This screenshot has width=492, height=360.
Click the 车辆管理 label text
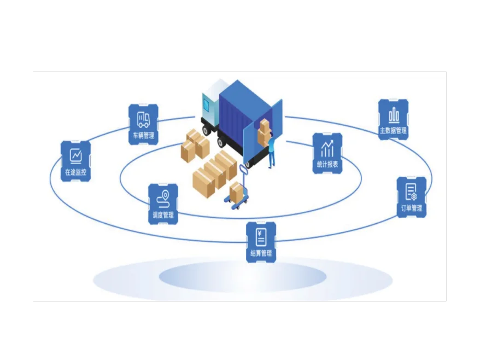pyautogui.click(x=143, y=136)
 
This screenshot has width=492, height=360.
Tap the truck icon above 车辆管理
pyautogui.click(x=143, y=120)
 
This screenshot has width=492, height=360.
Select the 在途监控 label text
pyautogui.click(x=75, y=172)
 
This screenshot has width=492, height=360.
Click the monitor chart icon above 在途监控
pyautogui.click(x=75, y=156)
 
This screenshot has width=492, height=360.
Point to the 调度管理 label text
pyautogui.click(x=163, y=215)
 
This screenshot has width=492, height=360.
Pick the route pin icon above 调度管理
pyautogui.click(x=163, y=199)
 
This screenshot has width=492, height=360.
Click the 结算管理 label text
pyautogui.click(x=261, y=253)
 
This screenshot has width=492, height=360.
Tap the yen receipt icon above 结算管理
pyautogui.click(x=261, y=237)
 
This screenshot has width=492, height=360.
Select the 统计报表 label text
pyautogui.click(x=327, y=164)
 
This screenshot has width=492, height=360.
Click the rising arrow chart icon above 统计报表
pyautogui.click(x=327, y=149)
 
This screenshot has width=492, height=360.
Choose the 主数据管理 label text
pyautogui.click(x=393, y=130)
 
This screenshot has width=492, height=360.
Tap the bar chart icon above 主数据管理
pyautogui.click(x=394, y=115)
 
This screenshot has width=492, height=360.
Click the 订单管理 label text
pyautogui.click(x=412, y=208)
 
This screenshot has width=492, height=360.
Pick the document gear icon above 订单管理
pyautogui.click(x=411, y=192)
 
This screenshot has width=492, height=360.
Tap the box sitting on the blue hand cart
pyautogui.click(x=237, y=191)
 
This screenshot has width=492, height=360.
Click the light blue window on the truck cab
pyautogui.click(x=206, y=104)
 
